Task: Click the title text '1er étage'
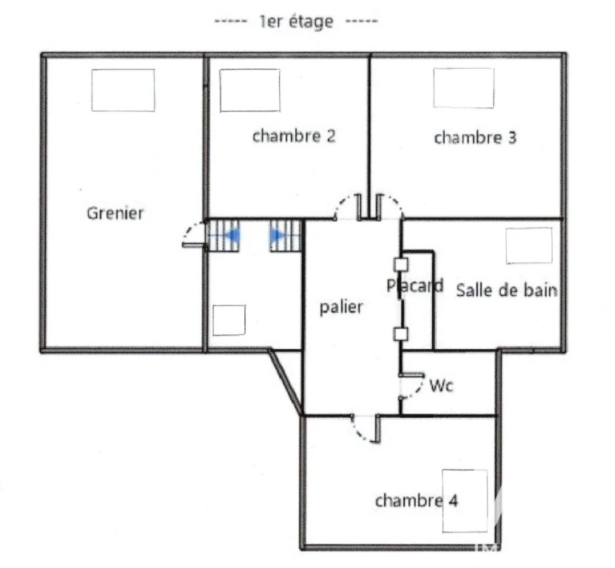click(x=297, y=21)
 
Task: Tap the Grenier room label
click(x=115, y=213)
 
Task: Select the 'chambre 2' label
click(x=294, y=136)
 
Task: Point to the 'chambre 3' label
click(x=475, y=138)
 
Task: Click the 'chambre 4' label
click(x=417, y=501)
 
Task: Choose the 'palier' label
click(x=341, y=307)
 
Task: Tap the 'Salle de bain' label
click(x=507, y=291)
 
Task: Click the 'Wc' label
click(x=441, y=386)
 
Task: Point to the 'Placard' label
click(x=415, y=285)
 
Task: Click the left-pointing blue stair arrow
click(x=232, y=236)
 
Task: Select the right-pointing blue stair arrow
click(x=278, y=236)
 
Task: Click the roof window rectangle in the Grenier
click(x=123, y=90)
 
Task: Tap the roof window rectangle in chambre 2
click(x=250, y=90)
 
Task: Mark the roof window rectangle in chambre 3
click(x=463, y=88)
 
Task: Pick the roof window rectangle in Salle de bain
click(x=529, y=246)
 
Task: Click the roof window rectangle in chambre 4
click(x=466, y=501)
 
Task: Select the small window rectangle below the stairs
click(x=229, y=320)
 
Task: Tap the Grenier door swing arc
click(x=188, y=229)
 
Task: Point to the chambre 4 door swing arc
click(x=358, y=433)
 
